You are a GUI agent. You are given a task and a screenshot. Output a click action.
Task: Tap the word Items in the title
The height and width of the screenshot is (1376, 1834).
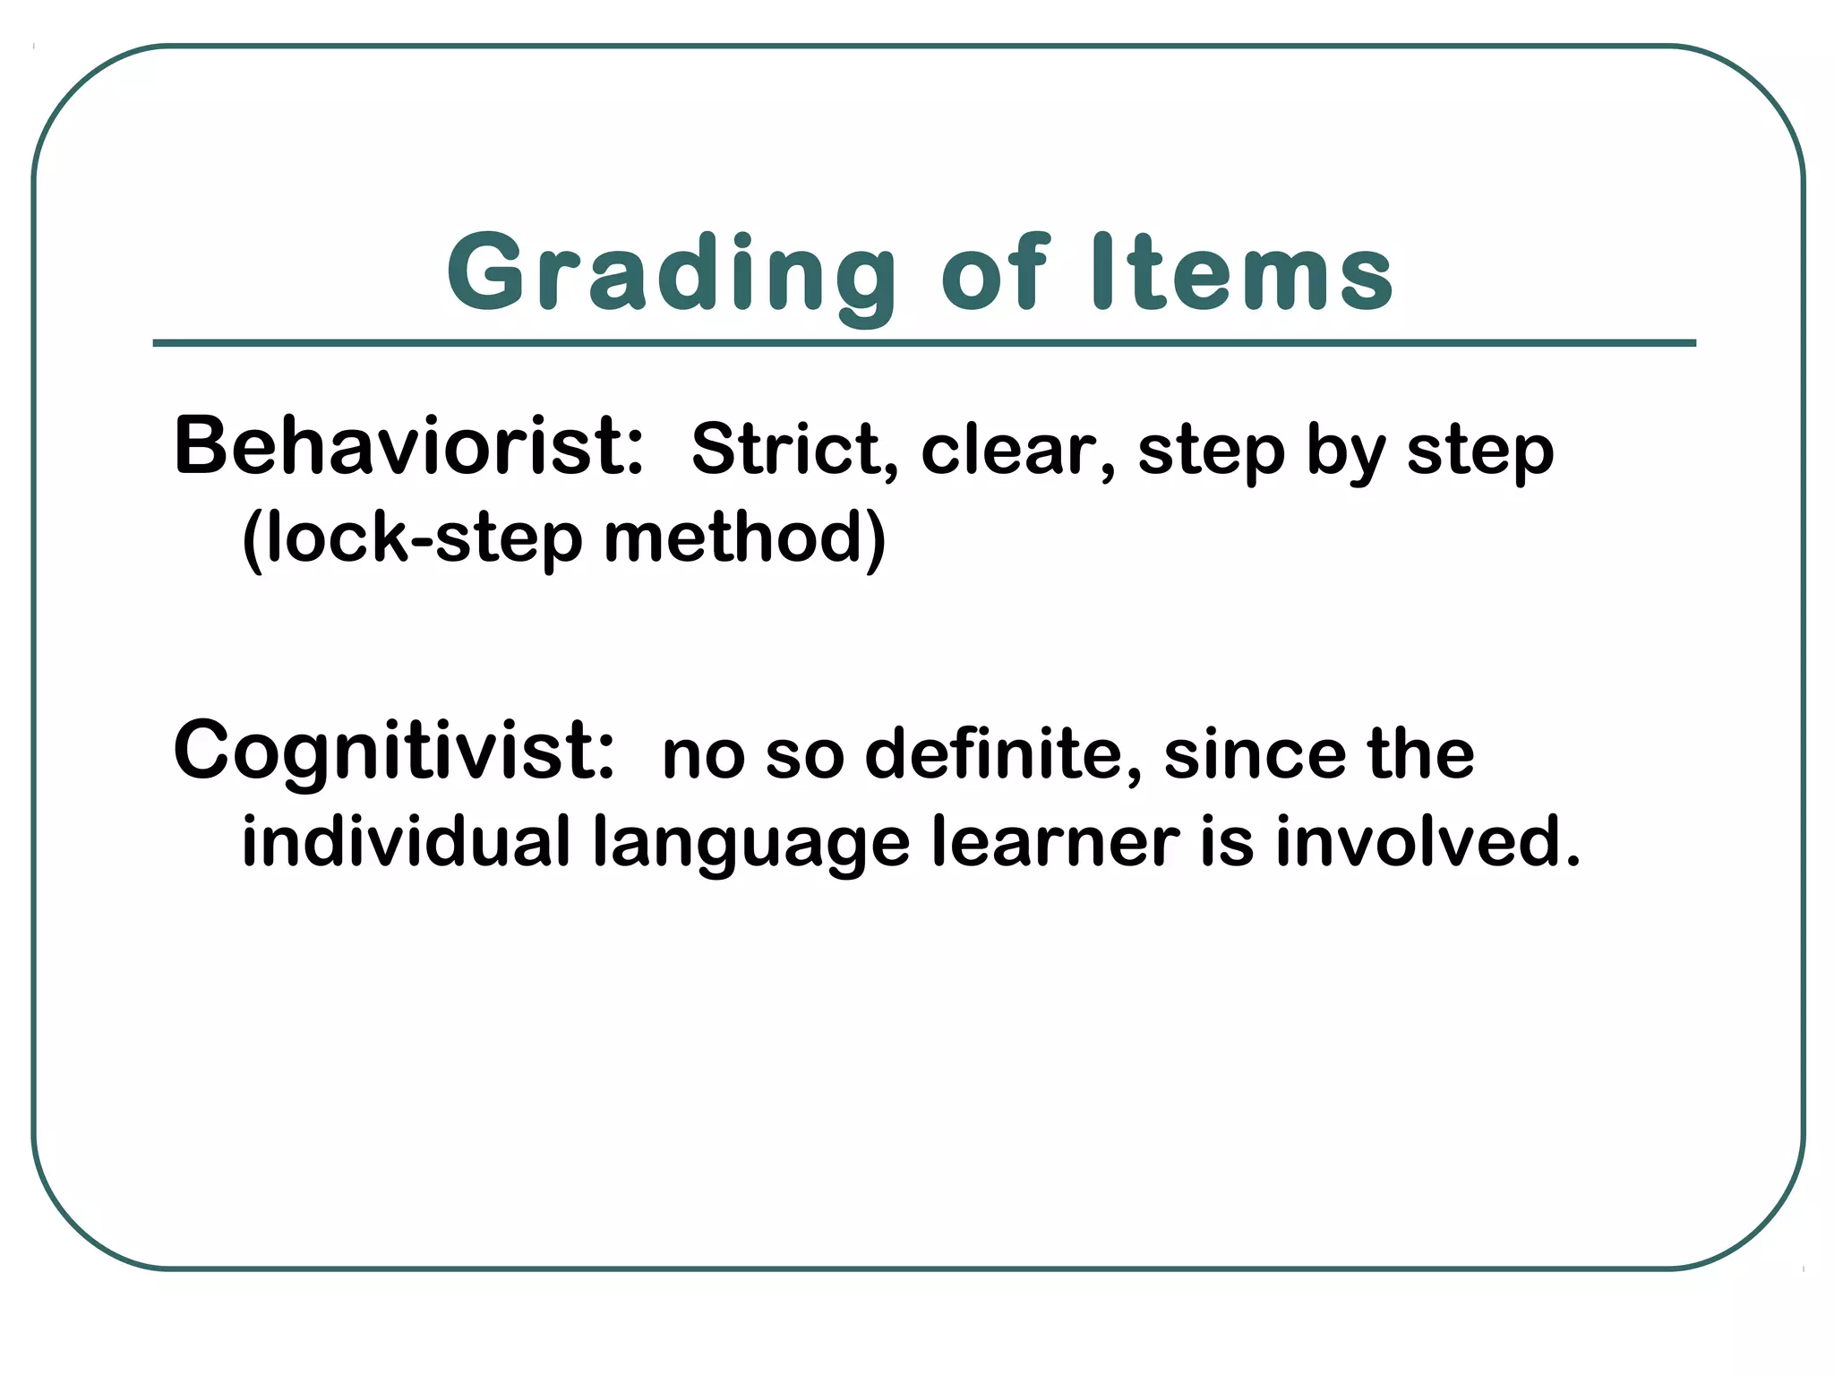[1243, 273]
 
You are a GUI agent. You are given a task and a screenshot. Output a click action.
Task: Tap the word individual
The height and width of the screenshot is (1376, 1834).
[406, 842]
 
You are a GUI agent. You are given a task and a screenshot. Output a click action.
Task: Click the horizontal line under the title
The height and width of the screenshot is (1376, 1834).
[924, 343]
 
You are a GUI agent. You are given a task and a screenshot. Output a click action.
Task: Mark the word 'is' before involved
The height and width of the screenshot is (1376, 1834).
[1226, 842]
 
